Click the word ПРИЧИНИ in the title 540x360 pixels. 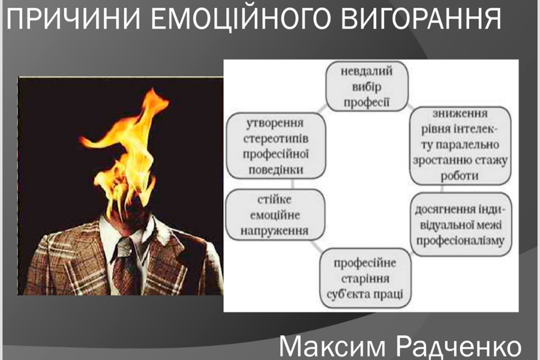point(73,19)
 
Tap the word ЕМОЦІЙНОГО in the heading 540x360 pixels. point(241,19)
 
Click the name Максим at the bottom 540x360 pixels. point(332,347)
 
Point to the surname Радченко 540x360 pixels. point(460,347)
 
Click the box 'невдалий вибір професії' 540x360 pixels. point(367,86)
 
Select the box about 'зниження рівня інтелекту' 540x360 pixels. point(460,145)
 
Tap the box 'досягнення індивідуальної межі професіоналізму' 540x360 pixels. point(461,224)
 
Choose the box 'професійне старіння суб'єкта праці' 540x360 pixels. point(365,278)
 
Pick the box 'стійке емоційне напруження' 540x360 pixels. point(275,215)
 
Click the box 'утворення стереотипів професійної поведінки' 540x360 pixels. point(275,146)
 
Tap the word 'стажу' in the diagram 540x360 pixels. point(491,161)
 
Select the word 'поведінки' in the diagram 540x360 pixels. point(276,170)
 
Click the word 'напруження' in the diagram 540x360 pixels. point(274,231)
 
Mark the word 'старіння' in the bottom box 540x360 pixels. point(365,278)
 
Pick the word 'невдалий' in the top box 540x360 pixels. point(367,71)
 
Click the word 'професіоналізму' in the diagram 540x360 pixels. point(460,241)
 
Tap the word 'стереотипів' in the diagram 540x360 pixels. point(276,139)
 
